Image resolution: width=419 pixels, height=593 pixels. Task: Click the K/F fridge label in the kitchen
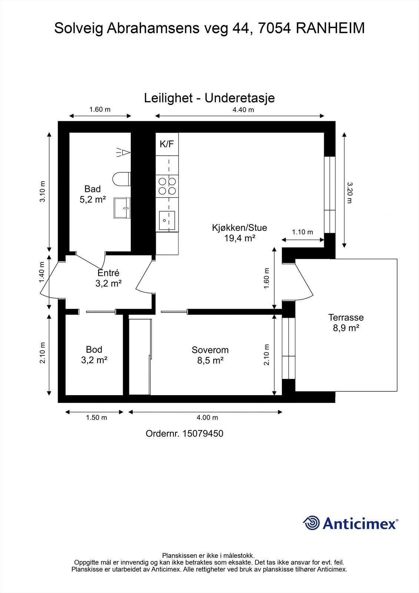tap(167, 144)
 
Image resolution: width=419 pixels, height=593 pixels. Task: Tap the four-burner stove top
tap(167, 186)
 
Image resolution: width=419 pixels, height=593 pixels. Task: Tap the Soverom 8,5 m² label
tap(210, 355)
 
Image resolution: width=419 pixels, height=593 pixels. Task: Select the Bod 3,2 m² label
tap(94, 354)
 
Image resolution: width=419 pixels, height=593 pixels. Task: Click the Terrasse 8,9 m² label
tap(346, 322)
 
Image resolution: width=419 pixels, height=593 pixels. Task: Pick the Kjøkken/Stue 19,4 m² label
tap(239, 233)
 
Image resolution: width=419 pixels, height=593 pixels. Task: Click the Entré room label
tap(108, 278)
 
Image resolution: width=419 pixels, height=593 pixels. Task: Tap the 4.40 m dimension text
tap(243, 110)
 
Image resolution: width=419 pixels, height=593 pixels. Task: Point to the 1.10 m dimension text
tap(302, 232)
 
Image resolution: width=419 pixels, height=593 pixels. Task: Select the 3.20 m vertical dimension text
tap(349, 192)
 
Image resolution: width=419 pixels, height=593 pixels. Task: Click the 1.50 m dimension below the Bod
tap(96, 418)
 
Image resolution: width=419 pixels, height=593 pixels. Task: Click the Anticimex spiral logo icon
tap(311, 523)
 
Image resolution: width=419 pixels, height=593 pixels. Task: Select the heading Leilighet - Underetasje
tap(209, 98)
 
